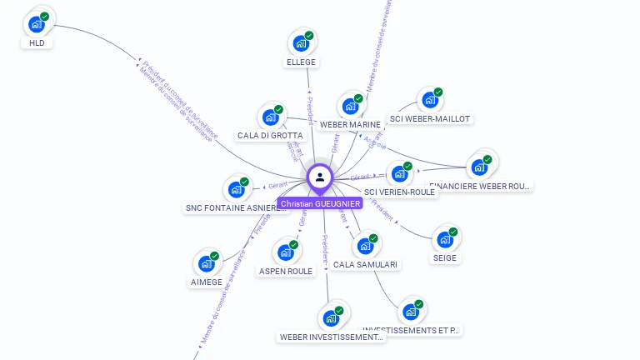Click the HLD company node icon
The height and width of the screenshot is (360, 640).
point(37,23)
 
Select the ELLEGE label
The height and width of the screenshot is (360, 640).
point(301,62)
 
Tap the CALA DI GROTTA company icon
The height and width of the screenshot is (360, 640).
point(270,117)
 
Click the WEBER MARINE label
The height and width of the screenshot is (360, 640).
point(350,124)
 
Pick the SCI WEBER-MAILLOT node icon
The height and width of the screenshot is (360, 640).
point(430,100)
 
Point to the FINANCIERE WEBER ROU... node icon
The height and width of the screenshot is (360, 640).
point(479,167)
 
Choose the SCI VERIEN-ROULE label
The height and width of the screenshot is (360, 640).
point(400,192)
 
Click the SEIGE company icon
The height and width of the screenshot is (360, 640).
point(445,240)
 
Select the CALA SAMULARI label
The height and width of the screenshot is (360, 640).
point(365,264)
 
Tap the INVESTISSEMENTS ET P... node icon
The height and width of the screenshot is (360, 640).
point(410,312)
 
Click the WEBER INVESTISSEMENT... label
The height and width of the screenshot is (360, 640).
point(332,337)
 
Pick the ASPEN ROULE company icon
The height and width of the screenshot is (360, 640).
point(286,252)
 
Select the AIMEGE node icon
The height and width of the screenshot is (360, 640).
point(207,264)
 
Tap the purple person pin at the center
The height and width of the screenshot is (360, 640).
point(320,177)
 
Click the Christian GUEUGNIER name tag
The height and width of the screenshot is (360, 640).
point(320,203)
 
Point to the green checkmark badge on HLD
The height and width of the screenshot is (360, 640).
point(45,17)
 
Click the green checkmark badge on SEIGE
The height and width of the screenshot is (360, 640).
point(453,232)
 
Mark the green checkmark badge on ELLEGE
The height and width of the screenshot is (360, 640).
point(309,36)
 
